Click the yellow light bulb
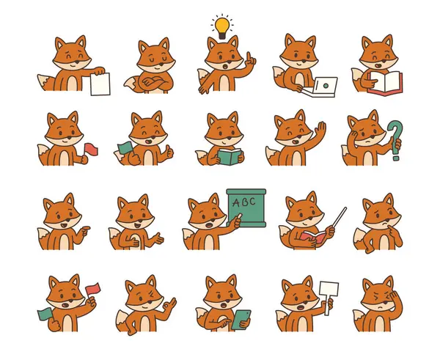222,28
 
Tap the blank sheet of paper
100,84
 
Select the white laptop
320,87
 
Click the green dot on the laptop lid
326,86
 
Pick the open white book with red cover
385,83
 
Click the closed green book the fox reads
230,157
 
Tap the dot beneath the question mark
396,158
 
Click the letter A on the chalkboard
236,202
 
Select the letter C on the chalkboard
252,201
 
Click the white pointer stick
340,217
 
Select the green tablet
241,320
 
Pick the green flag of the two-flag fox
45,314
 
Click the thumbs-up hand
169,153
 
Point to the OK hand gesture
169,304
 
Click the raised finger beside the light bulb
249,57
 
